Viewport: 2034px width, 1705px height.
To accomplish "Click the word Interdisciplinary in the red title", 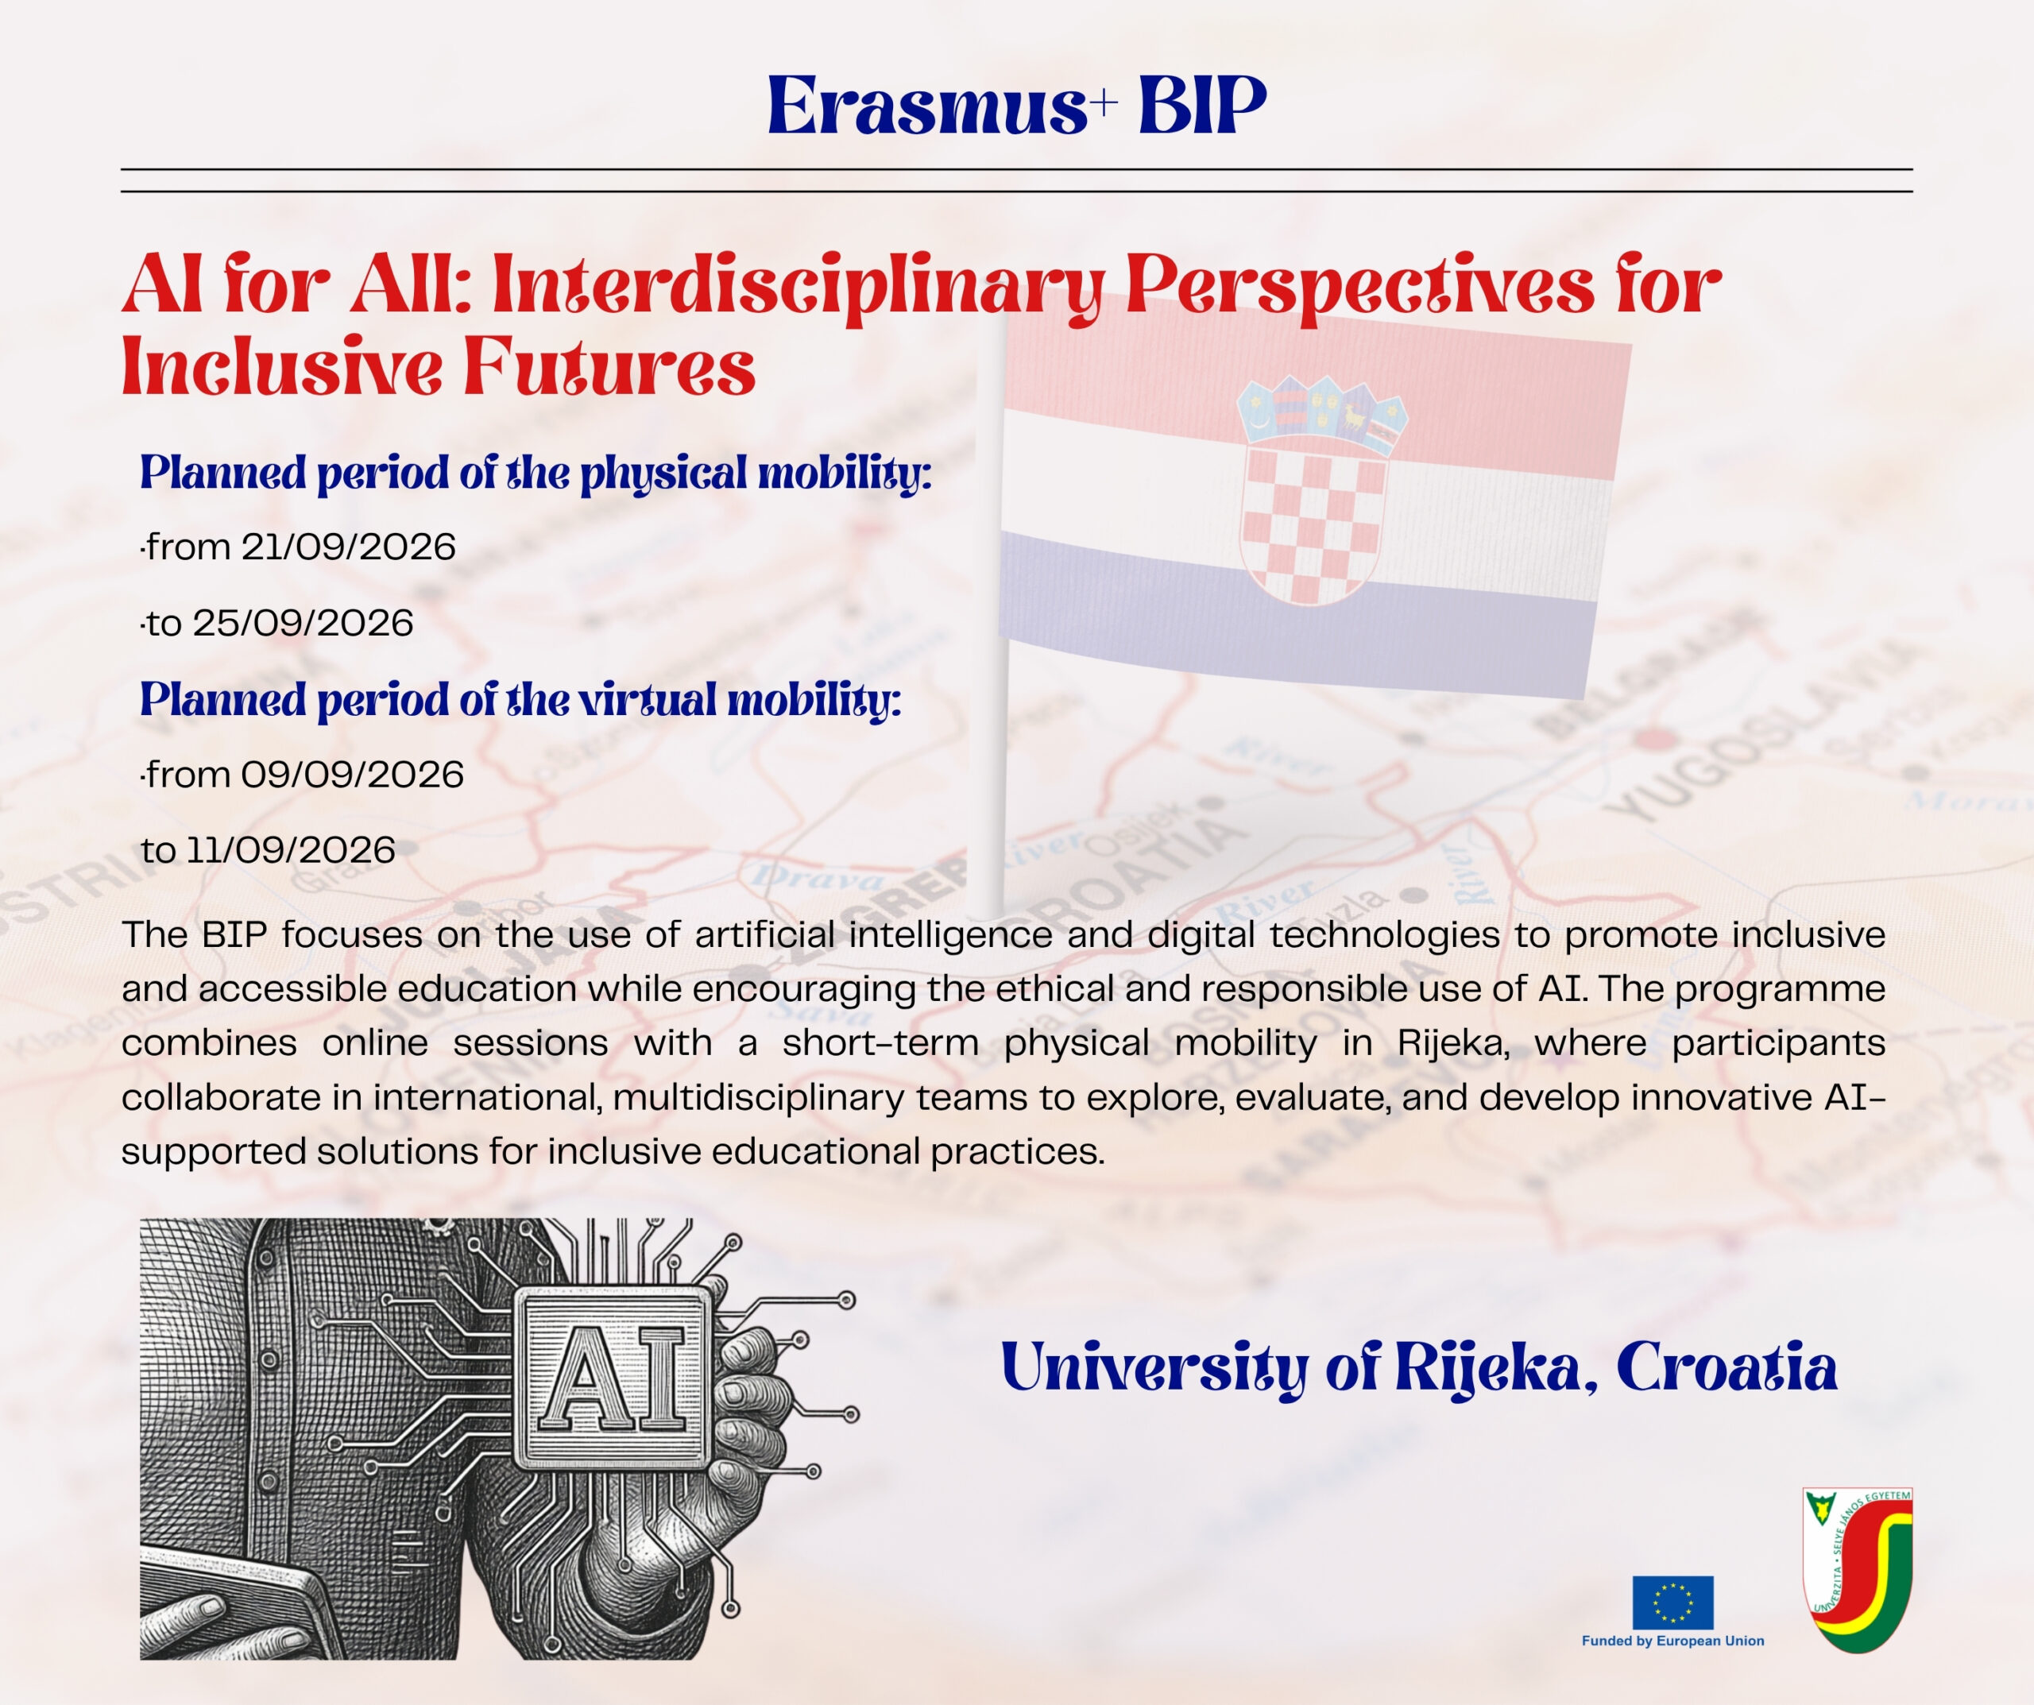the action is (798, 288).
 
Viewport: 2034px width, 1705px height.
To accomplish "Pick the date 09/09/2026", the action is (353, 775).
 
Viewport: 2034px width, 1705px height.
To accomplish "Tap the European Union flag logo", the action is (1672, 1603).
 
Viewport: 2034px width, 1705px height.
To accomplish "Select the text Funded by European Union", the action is (1672, 1641).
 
